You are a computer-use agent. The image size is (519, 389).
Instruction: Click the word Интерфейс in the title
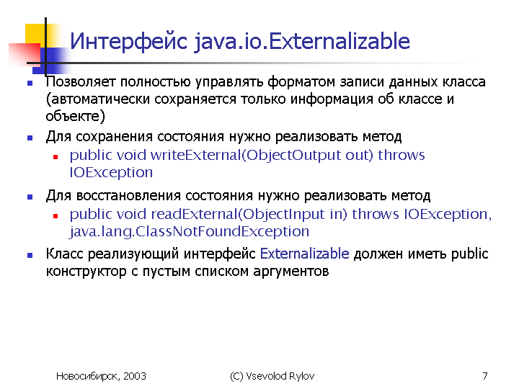click(129, 41)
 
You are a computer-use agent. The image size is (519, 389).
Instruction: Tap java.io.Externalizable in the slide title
click(302, 42)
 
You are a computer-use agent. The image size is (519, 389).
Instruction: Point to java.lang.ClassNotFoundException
click(190, 231)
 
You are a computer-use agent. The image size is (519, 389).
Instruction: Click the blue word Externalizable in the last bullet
click(304, 254)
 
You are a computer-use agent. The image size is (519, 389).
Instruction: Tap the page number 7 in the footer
click(485, 376)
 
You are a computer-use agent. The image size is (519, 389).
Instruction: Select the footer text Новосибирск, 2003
click(102, 376)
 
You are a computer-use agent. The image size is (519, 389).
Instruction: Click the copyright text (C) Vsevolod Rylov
click(272, 376)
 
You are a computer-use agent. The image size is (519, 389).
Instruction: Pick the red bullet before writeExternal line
click(56, 157)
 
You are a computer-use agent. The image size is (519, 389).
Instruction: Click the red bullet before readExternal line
click(56, 216)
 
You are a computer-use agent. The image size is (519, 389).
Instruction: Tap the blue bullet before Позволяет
click(30, 84)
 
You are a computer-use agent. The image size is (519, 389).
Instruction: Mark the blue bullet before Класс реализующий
click(30, 255)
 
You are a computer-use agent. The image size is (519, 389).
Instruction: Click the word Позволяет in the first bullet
click(81, 82)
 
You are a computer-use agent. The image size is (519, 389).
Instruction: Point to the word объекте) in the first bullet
click(76, 116)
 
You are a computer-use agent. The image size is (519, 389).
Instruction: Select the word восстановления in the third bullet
click(128, 196)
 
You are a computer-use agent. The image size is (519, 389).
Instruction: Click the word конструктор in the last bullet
click(86, 272)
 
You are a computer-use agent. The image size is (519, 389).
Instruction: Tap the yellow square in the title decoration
click(35, 33)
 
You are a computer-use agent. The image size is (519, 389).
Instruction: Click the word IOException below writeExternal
click(111, 172)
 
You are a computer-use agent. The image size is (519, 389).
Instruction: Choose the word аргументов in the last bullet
click(291, 272)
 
